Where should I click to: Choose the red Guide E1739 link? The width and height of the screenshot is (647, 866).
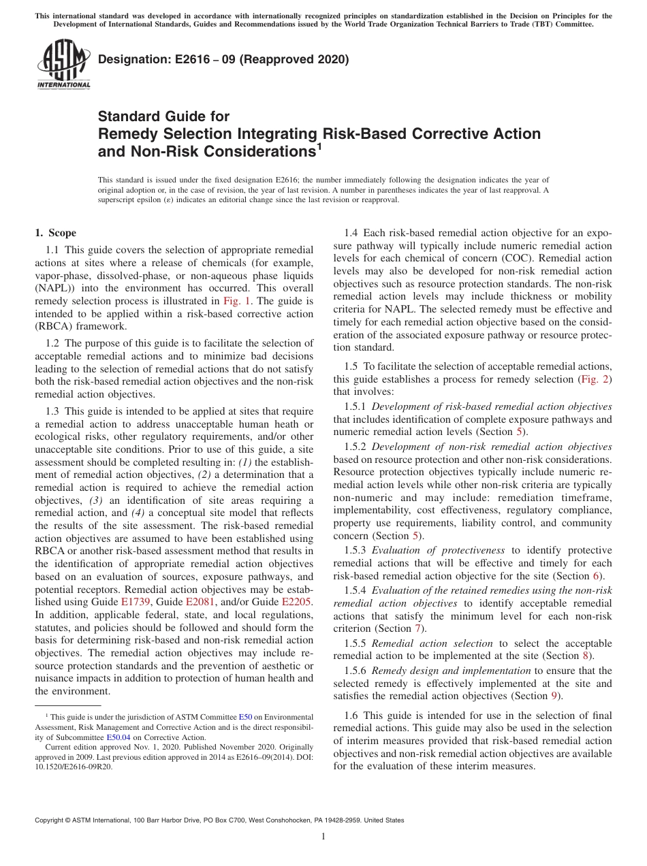click(135, 603)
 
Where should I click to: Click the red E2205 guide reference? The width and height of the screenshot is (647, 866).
click(296, 603)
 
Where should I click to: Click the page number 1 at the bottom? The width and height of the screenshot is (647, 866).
click(323, 837)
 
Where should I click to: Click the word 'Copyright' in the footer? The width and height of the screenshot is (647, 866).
click(52, 820)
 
